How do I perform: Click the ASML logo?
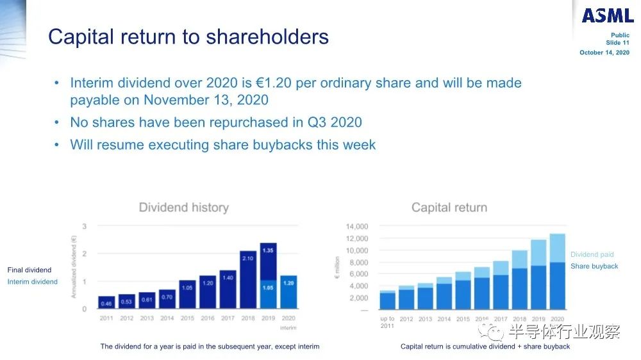click(x=607, y=15)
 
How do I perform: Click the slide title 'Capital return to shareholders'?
click(x=188, y=37)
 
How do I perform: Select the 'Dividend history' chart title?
click(x=183, y=208)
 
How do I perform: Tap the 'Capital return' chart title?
click(x=449, y=208)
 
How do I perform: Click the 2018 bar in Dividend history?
click(x=247, y=279)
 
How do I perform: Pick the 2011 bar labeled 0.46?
click(x=106, y=302)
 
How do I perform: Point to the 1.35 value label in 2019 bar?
click(x=268, y=250)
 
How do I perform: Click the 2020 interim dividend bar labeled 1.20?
click(x=288, y=292)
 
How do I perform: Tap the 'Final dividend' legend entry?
click(x=29, y=270)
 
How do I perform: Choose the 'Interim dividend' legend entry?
click(x=33, y=281)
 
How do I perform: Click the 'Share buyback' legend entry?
click(x=594, y=266)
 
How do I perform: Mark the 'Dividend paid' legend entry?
click(x=592, y=254)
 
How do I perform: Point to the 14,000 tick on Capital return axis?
click(x=356, y=226)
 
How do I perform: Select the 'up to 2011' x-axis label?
click(x=387, y=322)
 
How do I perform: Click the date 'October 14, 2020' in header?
click(x=604, y=53)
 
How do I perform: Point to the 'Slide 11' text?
click(x=617, y=43)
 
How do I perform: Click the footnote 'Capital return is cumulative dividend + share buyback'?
click(x=485, y=347)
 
